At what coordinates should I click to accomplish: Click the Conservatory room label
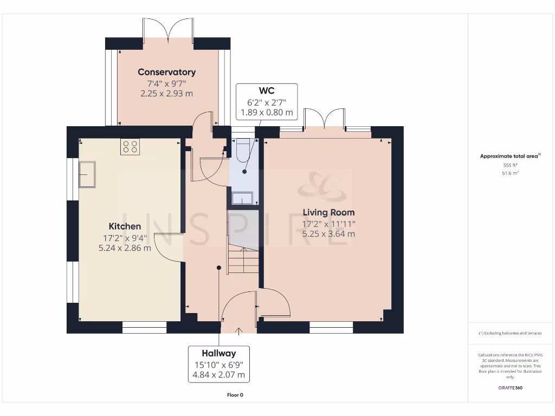pos(167,72)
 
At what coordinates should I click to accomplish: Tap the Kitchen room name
pos(125,226)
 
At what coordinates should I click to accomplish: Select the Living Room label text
pos(328,212)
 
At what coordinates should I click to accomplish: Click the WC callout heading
pos(267,91)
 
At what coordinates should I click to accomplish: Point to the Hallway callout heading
pos(219,353)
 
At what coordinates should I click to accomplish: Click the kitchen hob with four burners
pos(130,147)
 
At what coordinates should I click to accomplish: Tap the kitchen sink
pos(87,174)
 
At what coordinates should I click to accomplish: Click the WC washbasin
pos(242,198)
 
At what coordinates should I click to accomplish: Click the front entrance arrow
pos(239,331)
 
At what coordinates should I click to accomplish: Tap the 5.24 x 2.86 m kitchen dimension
pos(125,248)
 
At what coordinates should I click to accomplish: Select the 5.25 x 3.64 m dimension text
pos(328,234)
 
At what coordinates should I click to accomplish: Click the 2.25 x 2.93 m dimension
pos(167,94)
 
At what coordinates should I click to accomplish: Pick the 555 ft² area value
pos(510,165)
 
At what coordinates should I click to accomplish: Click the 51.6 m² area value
pos(510,173)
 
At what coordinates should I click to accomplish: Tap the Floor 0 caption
pos(235,395)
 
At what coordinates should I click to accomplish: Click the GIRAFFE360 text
pos(510,388)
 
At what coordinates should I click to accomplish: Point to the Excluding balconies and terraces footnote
pos(510,333)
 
